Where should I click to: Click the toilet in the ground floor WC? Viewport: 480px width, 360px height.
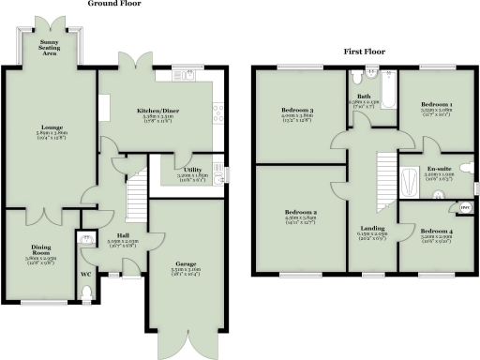pos(87,294)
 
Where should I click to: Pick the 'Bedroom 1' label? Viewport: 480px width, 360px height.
pos(436,104)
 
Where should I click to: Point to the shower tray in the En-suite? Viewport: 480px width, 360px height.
pos(410,186)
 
